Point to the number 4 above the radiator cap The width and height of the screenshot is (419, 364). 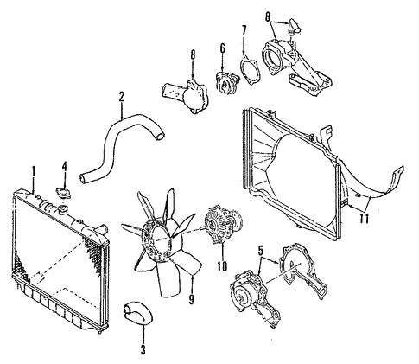click(x=64, y=167)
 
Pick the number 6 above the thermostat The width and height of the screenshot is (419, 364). click(x=223, y=49)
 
